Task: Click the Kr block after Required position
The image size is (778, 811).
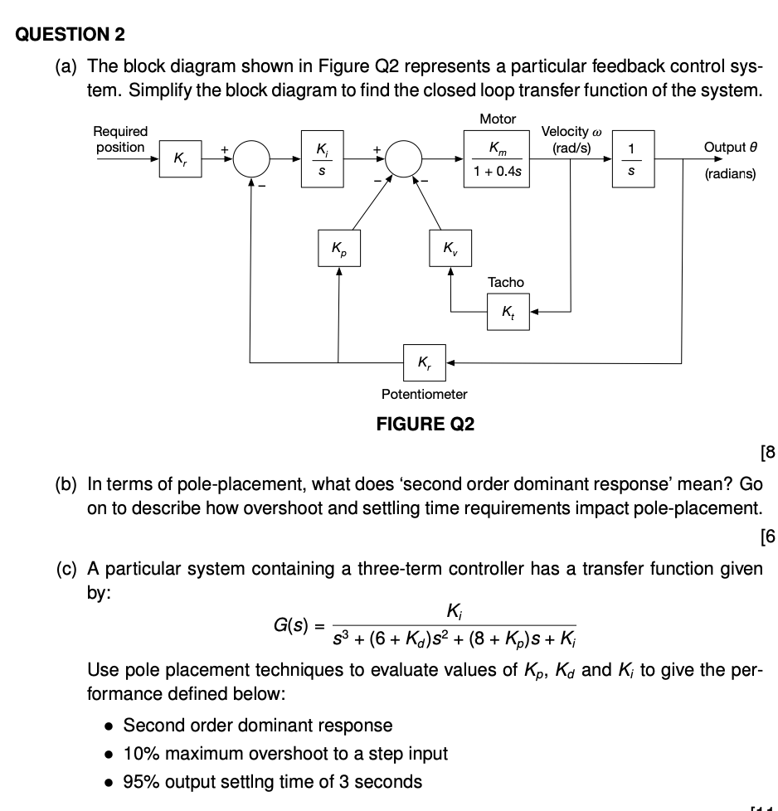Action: pyautogui.click(x=180, y=158)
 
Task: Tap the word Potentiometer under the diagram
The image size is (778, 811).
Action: pyautogui.click(x=425, y=394)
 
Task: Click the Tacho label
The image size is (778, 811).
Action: pyautogui.click(x=506, y=283)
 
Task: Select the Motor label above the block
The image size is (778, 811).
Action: pyautogui.click(x=498, y=119)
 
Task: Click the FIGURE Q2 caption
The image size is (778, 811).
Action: pyautogui.click(x=425, y=425)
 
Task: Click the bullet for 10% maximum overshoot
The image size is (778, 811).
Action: pyautogui.click(x=108, y=754)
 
